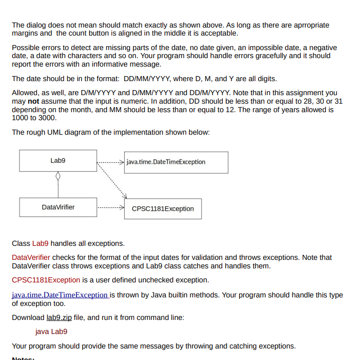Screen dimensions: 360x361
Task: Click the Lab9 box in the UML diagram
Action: tap(58, 161)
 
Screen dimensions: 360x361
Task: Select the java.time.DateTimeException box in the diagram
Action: tap(176, 162)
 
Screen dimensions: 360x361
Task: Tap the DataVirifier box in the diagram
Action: tap(58, 207)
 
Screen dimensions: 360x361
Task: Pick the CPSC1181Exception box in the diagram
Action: tap(163, 208)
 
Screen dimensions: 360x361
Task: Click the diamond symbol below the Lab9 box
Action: tap(58, 176)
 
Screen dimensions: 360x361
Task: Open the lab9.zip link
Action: tap(59, 317)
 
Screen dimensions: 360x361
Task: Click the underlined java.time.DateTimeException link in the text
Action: tap(60, 295)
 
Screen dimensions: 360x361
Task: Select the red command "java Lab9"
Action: tap(51, 331)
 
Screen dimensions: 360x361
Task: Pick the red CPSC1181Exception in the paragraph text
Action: tap(46, 279)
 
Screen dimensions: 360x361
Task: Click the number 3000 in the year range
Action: tap(48, 118)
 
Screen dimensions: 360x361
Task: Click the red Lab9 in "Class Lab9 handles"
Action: tap(41, 243)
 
